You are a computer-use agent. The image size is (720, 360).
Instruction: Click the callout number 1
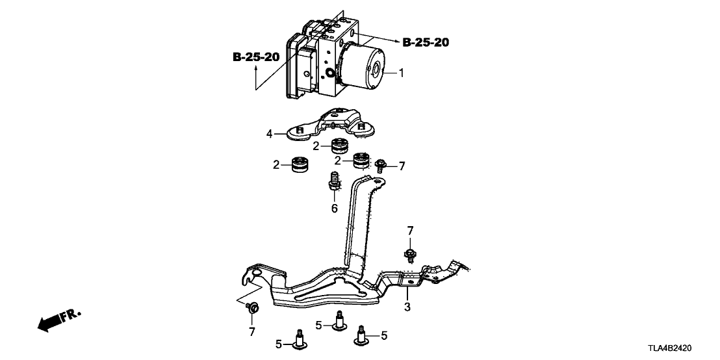pos(401,73)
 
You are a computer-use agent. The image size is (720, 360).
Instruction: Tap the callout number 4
pos(268,135)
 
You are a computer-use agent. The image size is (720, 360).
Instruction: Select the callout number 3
pos(407,306)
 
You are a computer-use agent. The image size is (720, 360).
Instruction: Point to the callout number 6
pos(335,208)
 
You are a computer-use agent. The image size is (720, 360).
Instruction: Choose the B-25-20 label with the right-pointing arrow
pos(426,43)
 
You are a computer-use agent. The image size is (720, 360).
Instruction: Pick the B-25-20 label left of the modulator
pos(256,57)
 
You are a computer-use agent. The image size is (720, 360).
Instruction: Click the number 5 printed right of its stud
pos(384,336)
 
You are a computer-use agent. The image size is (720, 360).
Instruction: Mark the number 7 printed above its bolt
pos(409,231)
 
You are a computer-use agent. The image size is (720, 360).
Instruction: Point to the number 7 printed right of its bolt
pos(402,166)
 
